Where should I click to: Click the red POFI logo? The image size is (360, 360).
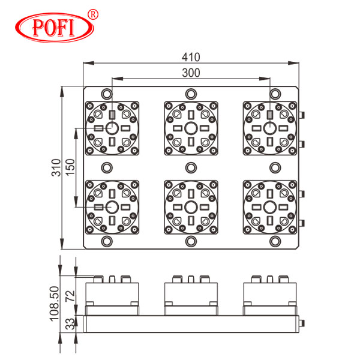click(x=55, y=28)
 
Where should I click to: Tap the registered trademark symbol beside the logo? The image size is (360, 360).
click(x=93, y=14)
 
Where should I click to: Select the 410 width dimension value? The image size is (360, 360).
click(x=191, y=57)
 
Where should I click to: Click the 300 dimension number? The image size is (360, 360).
click(x=191, y=73)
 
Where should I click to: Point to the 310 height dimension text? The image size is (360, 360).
click(x=56, y=167)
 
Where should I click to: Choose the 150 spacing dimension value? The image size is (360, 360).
click(x=70, y=167)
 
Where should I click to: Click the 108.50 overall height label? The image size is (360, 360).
click(x=55, y=304)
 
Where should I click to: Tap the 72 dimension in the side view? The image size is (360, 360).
click(x=70, y=296)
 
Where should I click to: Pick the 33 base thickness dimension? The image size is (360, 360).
click(x=70, y=324)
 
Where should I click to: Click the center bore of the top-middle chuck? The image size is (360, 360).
click(x=191, y=128)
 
